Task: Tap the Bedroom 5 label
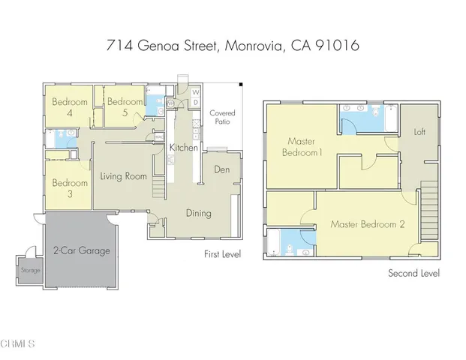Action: click(125, 107)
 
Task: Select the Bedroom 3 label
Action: click(68, 188)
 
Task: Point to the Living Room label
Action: click(123, 177)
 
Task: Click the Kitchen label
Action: click(183, 148)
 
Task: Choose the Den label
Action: click(221, 169)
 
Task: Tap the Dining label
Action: click(199, 213)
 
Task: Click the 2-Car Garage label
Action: click(81, 250)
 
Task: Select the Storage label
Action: click(31, 270)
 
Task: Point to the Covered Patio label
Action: click(222, 118)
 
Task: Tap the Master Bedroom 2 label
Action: click(368, 224)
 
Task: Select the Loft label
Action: click(419, 132)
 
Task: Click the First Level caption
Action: click(222, 255)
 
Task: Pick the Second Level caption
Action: click(413, 273)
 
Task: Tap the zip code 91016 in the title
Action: click(338, 46)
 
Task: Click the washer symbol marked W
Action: click(196, 93)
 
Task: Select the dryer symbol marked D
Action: click(196, 103)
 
